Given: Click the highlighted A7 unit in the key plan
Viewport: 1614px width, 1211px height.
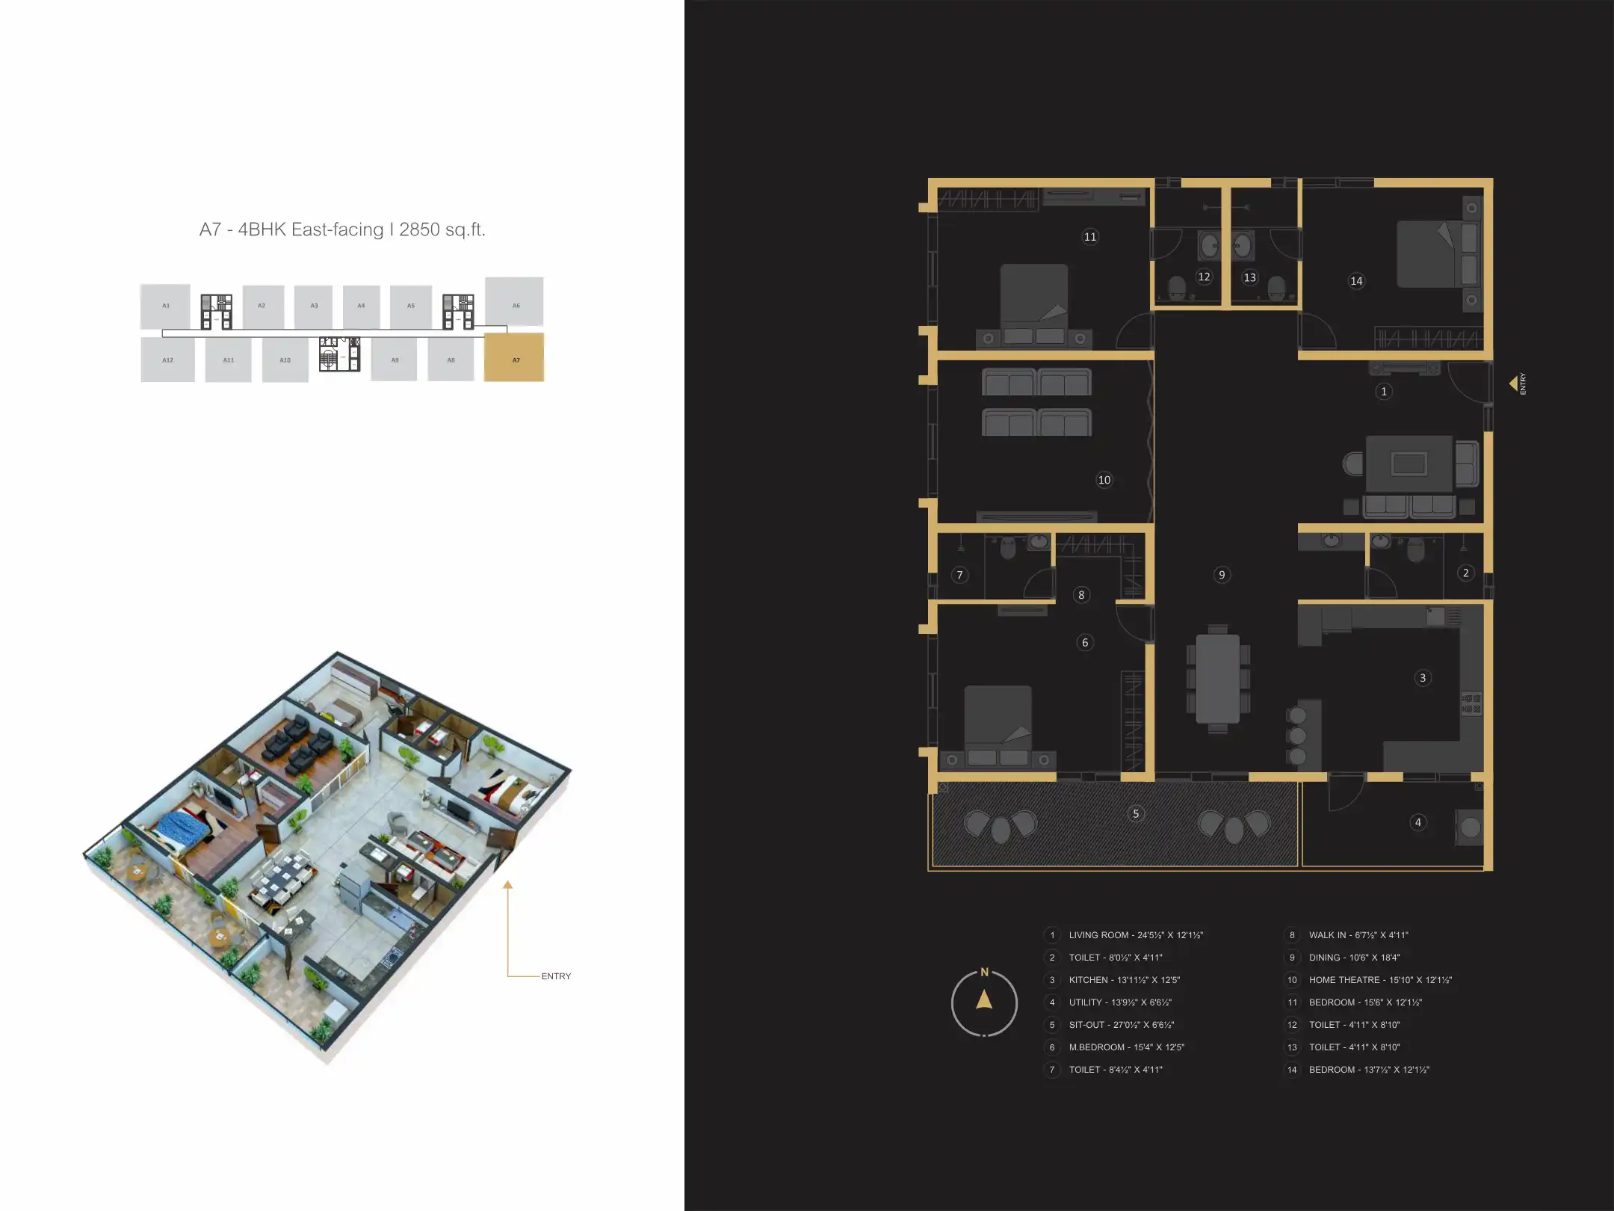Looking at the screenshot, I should point(514,358).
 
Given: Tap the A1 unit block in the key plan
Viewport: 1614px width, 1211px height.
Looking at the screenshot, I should point(165,306).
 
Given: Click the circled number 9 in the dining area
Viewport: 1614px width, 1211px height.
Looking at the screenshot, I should point(1222,575).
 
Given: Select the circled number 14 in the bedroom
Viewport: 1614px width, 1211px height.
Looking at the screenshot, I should point(1356,281).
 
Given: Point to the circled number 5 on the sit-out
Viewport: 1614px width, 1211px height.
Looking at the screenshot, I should point(1136,814).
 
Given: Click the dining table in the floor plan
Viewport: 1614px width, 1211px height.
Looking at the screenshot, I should point(1217,679).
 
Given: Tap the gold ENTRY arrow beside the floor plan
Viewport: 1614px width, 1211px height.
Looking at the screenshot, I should point(1513,383).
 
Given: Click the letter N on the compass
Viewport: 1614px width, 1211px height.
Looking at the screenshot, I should point(984,973).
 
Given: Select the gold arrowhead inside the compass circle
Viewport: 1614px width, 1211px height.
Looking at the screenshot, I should point(984,999).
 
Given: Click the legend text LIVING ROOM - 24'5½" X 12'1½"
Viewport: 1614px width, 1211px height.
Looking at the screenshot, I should point(1135,935).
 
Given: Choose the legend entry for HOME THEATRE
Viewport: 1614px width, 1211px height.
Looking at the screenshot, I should point(1379,980).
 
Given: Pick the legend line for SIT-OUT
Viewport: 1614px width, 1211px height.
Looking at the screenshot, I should point(1121,1025).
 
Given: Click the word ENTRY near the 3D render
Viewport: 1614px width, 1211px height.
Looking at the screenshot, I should point(556,976).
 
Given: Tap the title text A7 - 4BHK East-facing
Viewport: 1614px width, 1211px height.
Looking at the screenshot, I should point(342,229).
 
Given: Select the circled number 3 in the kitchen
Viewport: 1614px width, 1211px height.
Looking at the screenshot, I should point(1423,678).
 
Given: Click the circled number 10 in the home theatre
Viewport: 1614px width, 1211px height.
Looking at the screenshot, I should point(1104,480).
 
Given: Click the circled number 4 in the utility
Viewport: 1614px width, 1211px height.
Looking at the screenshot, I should point(1418,822).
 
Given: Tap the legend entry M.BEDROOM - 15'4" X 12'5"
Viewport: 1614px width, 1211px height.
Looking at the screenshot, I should point(1126,1047).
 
